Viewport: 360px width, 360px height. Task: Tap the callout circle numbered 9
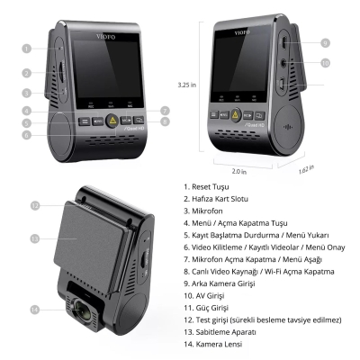(325, 42)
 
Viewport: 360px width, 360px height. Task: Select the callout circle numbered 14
(35, 310)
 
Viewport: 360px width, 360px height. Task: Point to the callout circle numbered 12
(35, 205)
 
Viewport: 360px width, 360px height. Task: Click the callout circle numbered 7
(165, 111)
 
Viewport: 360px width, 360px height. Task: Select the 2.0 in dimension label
(239, 170)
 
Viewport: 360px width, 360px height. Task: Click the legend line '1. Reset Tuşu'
(208, 187)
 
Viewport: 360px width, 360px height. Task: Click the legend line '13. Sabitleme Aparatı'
(225, 330)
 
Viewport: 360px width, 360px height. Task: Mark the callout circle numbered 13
(35, 238)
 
